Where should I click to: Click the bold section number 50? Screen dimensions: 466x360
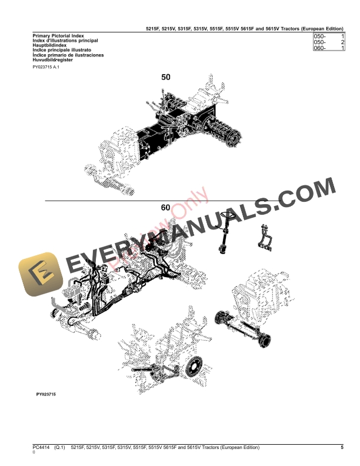[166, 77]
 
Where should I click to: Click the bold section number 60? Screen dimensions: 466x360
[166, 207]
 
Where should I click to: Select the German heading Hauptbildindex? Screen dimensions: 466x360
[49, 45]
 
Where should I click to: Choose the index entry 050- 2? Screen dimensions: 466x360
[329, 42]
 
